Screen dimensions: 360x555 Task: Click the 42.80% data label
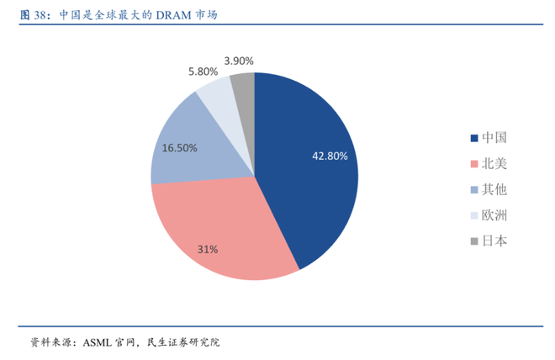[x=330, y=156]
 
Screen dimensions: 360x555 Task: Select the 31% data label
[x=208, y=249]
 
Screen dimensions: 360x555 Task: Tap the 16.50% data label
[x=180, y=147]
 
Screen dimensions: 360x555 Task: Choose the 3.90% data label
[x=239, y=61]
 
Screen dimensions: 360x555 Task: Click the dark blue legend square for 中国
[x=474, y=137]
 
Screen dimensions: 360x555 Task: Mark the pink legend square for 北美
[x=474, y=163]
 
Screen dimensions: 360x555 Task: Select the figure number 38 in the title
[x=39, y=14]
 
